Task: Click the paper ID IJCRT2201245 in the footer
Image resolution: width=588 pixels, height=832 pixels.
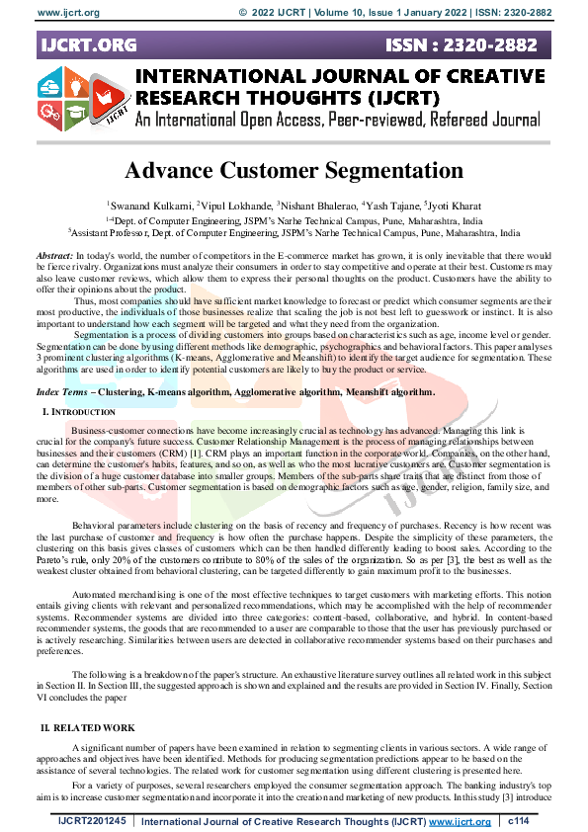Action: pos(92,821)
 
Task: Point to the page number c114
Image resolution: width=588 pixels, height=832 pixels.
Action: pos(520,821)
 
